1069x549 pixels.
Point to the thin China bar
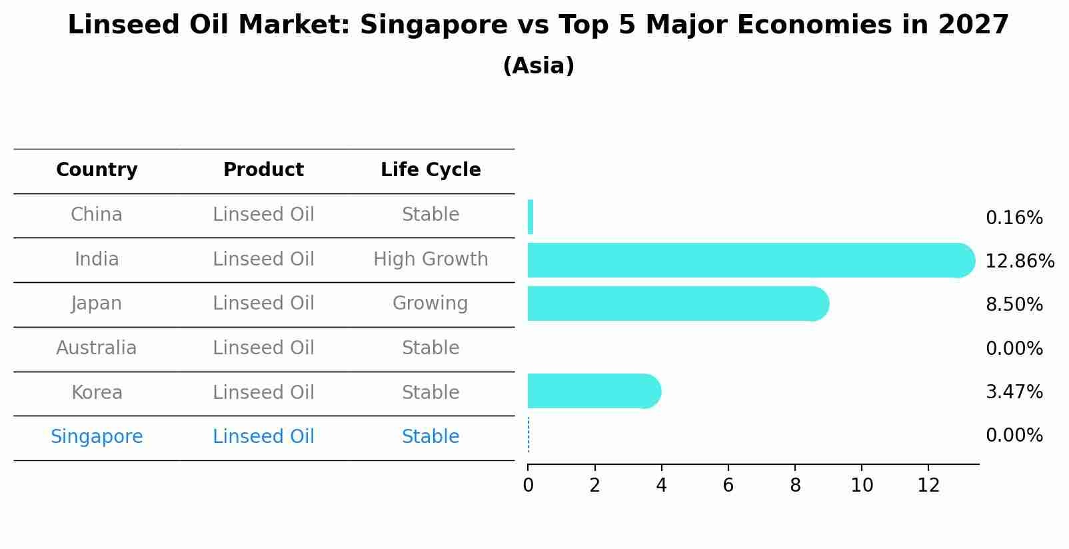pos(531,217)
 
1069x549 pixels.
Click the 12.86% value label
pos(1019,261)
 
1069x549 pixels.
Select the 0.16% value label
pos(1014,218)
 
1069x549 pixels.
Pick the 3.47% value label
pos(1014,392)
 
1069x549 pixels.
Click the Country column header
pos(97,170)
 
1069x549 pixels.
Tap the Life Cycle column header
pos(431,170)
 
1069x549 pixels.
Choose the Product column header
pos(263,170)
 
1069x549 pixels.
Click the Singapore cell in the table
pos(97,437)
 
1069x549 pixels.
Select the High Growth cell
pos(431,259)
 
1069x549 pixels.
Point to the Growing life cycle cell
pos(431,304)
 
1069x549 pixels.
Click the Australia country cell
pos(97,348)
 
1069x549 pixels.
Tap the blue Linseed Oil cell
pos(263,437)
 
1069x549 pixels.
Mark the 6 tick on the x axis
pos(728,486)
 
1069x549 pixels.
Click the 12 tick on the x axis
pos(928,486)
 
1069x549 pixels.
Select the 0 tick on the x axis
pos(529,486)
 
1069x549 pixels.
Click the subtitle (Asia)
pos(538,66)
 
